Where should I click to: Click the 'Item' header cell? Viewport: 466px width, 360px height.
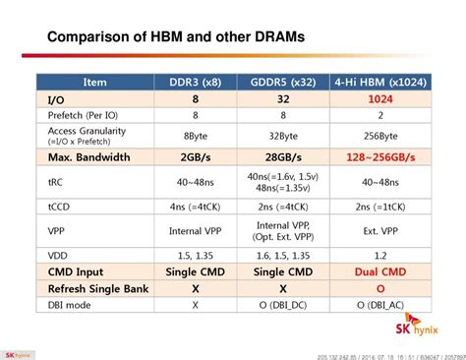click(94, 84)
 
